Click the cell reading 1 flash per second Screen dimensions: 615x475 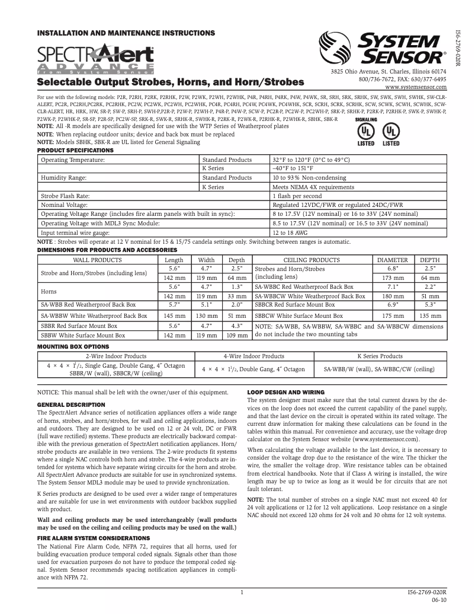[297, 196]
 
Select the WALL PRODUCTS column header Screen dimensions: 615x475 [97, 260]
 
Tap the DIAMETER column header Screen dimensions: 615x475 [393, 260]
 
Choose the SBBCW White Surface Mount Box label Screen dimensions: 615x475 [299, 316]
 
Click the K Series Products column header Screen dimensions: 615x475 [380, 356]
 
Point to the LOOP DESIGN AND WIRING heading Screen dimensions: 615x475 [285, 392]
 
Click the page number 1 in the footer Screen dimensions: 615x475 [242, 592]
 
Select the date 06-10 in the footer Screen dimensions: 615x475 [439, 600]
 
